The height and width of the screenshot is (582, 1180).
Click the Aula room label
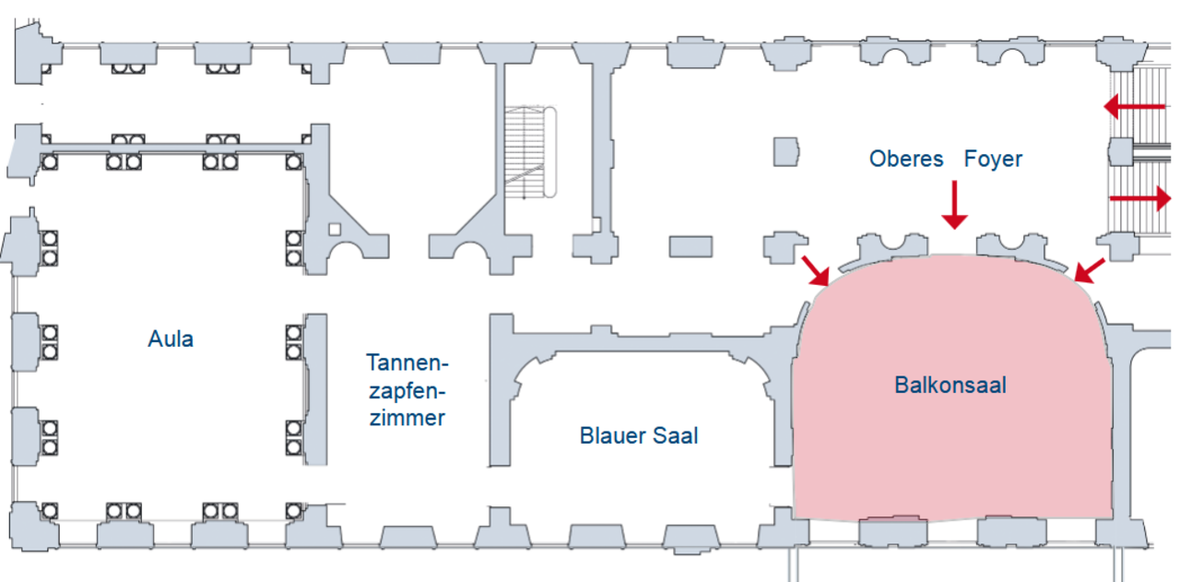click(x=171, y=339)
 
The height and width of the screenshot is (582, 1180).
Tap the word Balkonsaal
click(x=950, y=385)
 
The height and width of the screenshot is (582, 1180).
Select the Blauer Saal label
click(x=639, y=435)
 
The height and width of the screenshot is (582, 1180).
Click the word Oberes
click(x=906, y=159)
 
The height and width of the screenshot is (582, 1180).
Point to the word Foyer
click(x=993, y=159)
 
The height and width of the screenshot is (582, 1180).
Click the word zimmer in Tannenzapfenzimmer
click(x=407, y=418)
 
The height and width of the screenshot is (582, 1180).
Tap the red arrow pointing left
click(x=1134, y=107)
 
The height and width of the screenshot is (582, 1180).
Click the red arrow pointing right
click(x=1140, y=198)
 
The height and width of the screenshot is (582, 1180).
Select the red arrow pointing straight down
click(x=954, y=205)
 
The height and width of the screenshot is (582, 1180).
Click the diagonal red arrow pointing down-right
click(x=816, y=271)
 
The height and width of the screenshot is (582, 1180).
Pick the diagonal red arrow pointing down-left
click(x=1090, y=270)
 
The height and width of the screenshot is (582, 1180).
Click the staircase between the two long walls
click(x=530, y=152)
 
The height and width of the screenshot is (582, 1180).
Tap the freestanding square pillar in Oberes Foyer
click(x=786, y=152)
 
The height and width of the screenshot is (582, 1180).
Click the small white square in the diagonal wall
click(x=335, y=230)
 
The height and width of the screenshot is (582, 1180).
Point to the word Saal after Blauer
click(x=676, y=435)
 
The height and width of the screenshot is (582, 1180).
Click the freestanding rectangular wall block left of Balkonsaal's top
click(x=690, y=246)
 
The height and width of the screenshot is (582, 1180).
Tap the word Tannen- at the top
click(x=407, y=362)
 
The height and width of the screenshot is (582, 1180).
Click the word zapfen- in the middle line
click(x=407, y=392)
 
